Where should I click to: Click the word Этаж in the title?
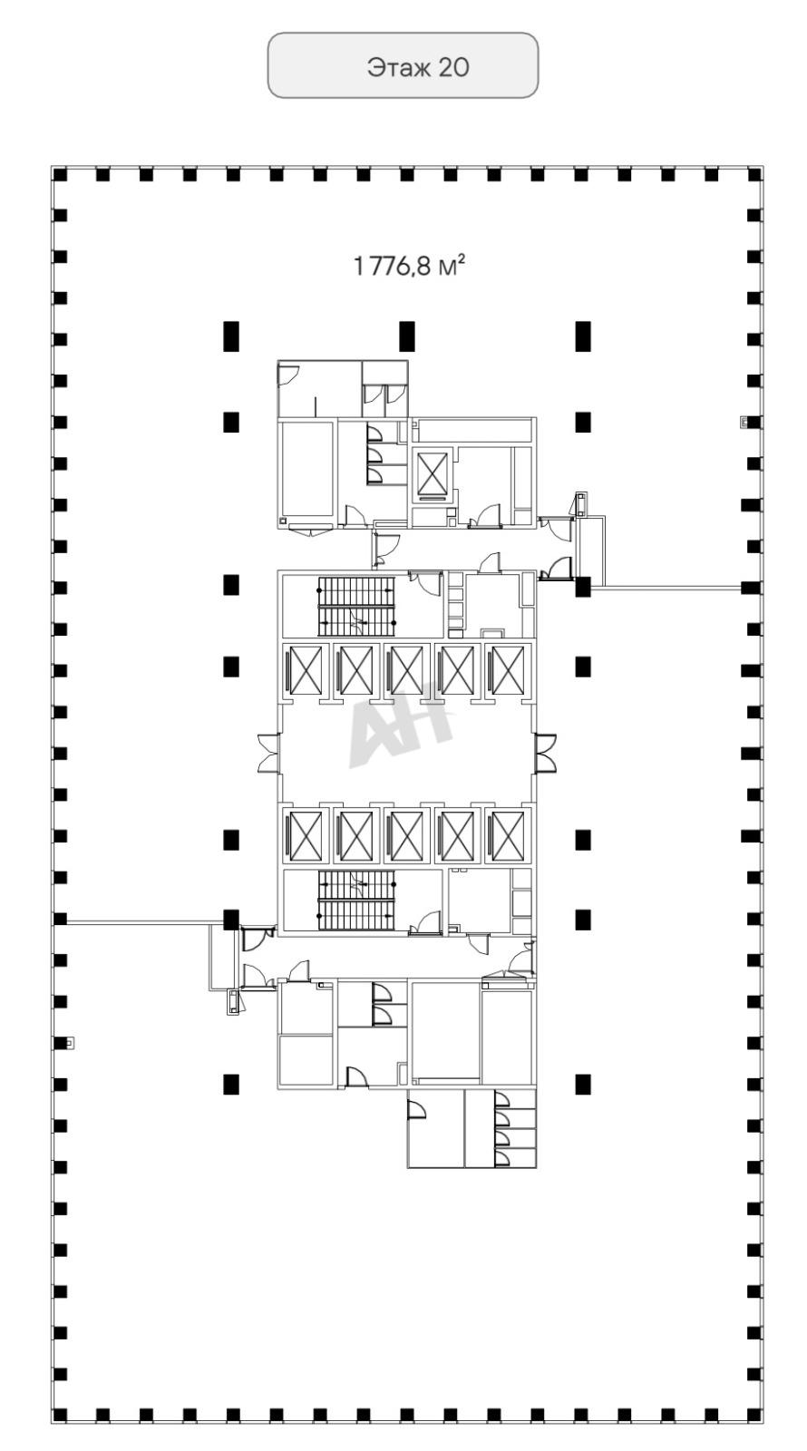397,67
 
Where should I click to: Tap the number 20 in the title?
453,67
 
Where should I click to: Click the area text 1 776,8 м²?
409,265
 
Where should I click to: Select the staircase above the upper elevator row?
355,607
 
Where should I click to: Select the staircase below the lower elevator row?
355,901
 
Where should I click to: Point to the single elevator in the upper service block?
432,474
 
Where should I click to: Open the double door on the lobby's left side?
268,753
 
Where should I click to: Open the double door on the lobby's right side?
545,753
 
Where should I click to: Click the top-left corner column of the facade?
60,175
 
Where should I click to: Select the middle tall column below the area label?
407,336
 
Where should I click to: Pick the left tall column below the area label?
231,336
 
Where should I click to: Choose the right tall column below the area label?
583,336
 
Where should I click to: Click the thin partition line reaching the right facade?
666,588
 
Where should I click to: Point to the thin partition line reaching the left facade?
145,923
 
